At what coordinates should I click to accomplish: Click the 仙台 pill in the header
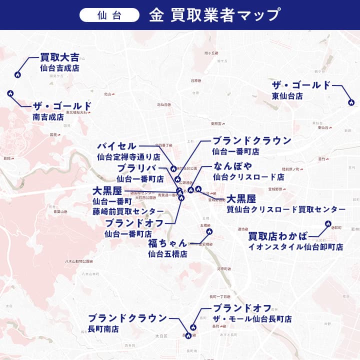coord(109,15)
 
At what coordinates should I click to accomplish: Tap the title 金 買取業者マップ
coord(214,15)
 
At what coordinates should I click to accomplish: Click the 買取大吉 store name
coord(59,57)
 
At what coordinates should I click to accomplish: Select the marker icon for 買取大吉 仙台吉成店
coord(17,75)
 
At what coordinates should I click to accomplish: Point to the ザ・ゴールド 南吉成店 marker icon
coord(10,93)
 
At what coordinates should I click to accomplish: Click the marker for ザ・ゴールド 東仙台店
coord(351,102)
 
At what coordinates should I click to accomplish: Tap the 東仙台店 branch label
coord(287,96)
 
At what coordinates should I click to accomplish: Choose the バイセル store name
coord(116,146)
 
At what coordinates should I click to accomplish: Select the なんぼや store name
coord(232,166)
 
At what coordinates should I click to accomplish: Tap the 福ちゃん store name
coord(167,243)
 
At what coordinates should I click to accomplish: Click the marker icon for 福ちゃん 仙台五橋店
coord(209,232)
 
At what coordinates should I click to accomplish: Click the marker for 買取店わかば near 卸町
coord(328,223)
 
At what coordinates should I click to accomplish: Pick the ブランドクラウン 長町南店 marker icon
coord(188,336)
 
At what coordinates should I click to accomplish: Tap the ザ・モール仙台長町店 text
coord(252,319)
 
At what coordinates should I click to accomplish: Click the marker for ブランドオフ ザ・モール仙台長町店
coord(194,327)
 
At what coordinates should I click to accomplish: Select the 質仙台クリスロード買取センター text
coord(285,209)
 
